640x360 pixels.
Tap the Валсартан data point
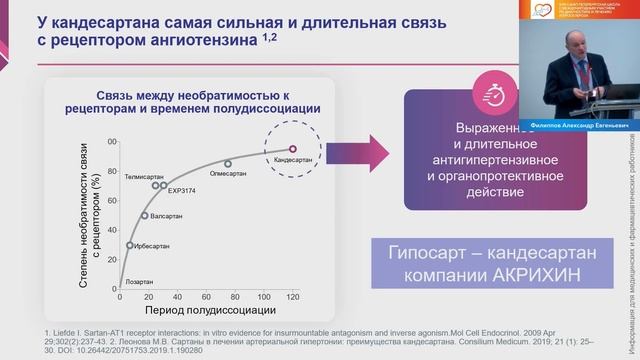146,216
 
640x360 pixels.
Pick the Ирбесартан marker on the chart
130,245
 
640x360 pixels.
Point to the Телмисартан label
145,174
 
